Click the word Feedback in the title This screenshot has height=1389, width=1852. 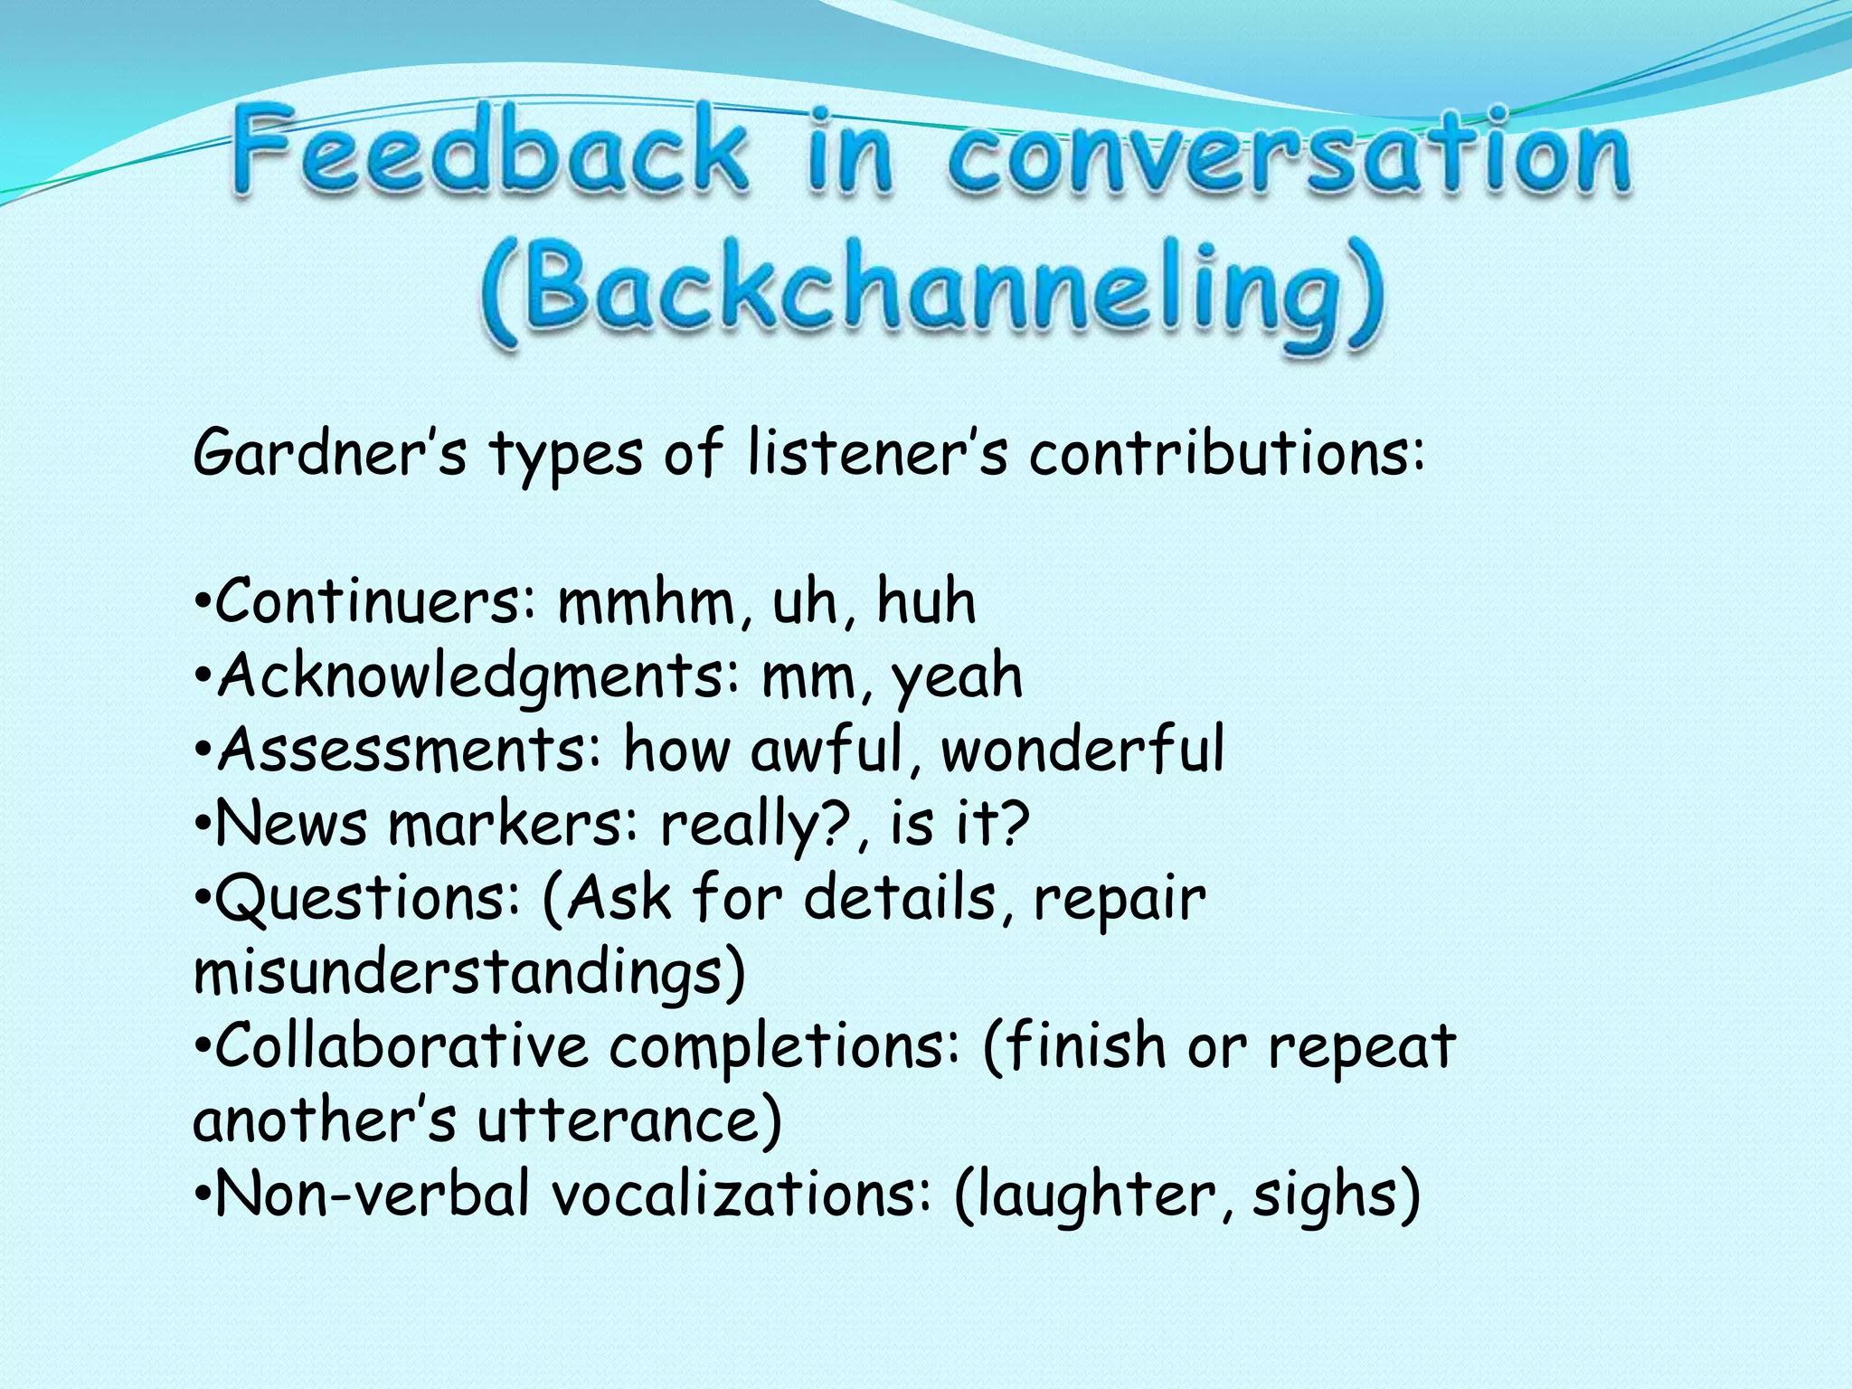[489, 149]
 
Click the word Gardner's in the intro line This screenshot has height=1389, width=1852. [330, 452]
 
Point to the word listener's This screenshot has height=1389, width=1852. [877, 452]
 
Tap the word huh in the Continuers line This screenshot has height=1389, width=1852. [926, 601]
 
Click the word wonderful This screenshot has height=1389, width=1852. [1082, 750]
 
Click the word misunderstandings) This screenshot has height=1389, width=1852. [469, 973]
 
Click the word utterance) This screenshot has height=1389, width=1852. [629, 1120]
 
